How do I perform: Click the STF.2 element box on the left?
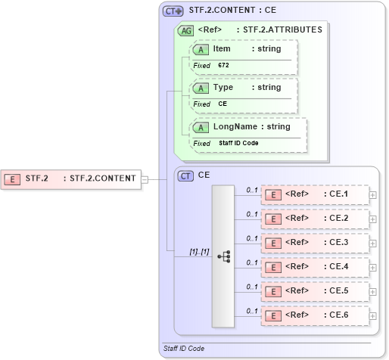pos(71,179)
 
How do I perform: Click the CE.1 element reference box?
pos(314,194)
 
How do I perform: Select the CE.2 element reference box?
pos(314,219)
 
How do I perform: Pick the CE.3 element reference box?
pos(314,243)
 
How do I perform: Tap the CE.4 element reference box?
pos(314,267)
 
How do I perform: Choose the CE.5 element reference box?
pos(314,291)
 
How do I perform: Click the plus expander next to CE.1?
pos(372,195)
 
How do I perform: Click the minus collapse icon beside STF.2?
pos(145,179)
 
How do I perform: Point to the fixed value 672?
pos(223,66)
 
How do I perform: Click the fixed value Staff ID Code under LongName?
pos(239,143)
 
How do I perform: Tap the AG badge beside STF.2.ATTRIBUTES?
pos(185,30)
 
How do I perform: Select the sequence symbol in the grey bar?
pos(224,256)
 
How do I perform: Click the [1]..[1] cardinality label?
pos(179,251)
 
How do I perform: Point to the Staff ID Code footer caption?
pos(184,349)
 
